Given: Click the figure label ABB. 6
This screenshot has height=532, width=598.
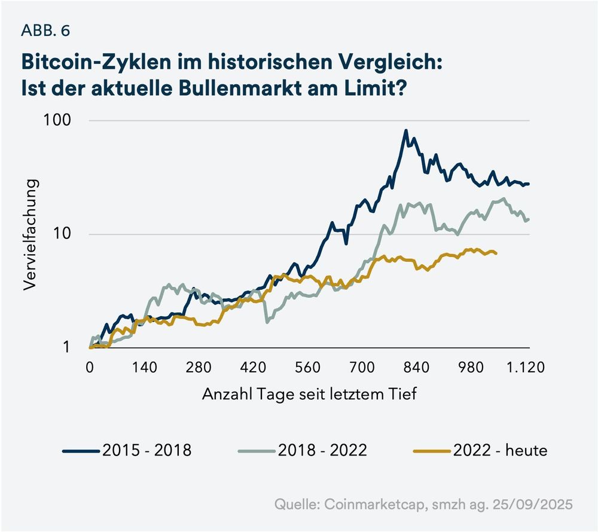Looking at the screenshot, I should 45,31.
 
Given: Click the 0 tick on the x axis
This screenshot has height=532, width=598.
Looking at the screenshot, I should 90,367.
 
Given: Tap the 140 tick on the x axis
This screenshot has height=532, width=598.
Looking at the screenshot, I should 145,367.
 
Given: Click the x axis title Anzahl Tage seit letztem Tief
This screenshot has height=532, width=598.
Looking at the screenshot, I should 309,395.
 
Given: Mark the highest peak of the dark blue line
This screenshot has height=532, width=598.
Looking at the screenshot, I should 406,130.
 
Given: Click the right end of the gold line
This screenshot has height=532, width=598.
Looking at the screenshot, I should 496,253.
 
